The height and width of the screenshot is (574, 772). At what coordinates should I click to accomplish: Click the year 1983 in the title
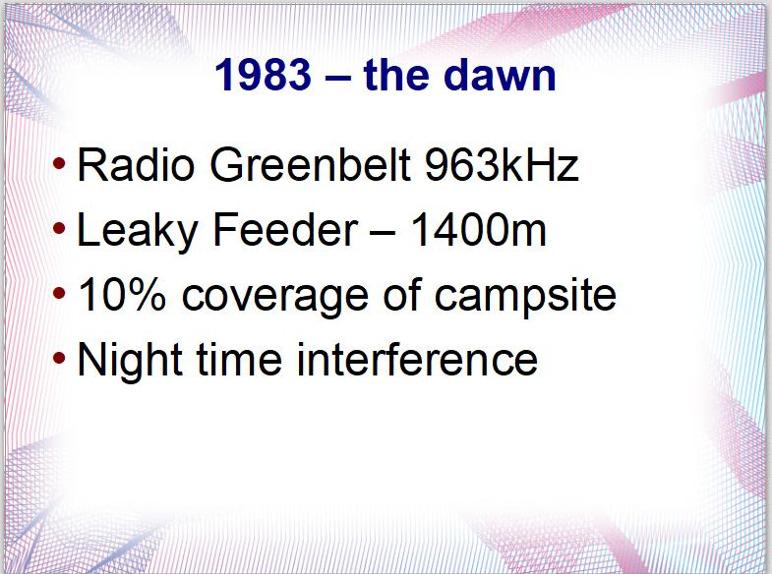pyautogui.click(x=264, y=75)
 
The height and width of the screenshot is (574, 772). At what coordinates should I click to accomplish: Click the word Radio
pyautogui.click(x=136, y=165)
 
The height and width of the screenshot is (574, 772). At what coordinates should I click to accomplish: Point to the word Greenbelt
pyautogui.click(x=311, y=165)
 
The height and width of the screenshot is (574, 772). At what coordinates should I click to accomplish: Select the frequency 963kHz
pyautogui.click(x=502, y=165)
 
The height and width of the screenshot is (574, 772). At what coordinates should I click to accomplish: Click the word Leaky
pyautogui.click(x=138, y=231)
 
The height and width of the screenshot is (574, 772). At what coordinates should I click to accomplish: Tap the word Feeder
pyautogui.click(x=285, y=230)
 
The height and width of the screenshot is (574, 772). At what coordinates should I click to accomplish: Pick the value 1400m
pyautogui.click(x=478, y=230)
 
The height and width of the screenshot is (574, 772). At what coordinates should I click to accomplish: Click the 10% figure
pyautogui.click(x=122, y=295)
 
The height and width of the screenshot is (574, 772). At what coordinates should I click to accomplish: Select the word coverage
pyautogui.click(x=275, y=298)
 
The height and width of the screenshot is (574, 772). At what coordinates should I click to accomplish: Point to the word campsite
pyautogui.click(x=525, y=298)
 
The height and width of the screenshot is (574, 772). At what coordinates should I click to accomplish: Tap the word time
pyautogui.click(x=240, y=359)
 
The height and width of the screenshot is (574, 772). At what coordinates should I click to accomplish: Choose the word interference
pyautogui.click(x=418, y=359)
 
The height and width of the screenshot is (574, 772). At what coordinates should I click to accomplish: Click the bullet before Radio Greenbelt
pyautogui.click(x=59, y=163)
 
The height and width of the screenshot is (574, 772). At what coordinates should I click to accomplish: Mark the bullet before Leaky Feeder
pyautogui.click(x=59, y=228)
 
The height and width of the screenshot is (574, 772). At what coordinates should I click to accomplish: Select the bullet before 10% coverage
pyautogui.click(x=59, y=293)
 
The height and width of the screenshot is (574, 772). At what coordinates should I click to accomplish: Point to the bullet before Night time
pyautogui.click(x=59, y=358)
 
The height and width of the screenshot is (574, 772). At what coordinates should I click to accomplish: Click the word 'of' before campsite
pyautogui.click(x=402, y=295)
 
